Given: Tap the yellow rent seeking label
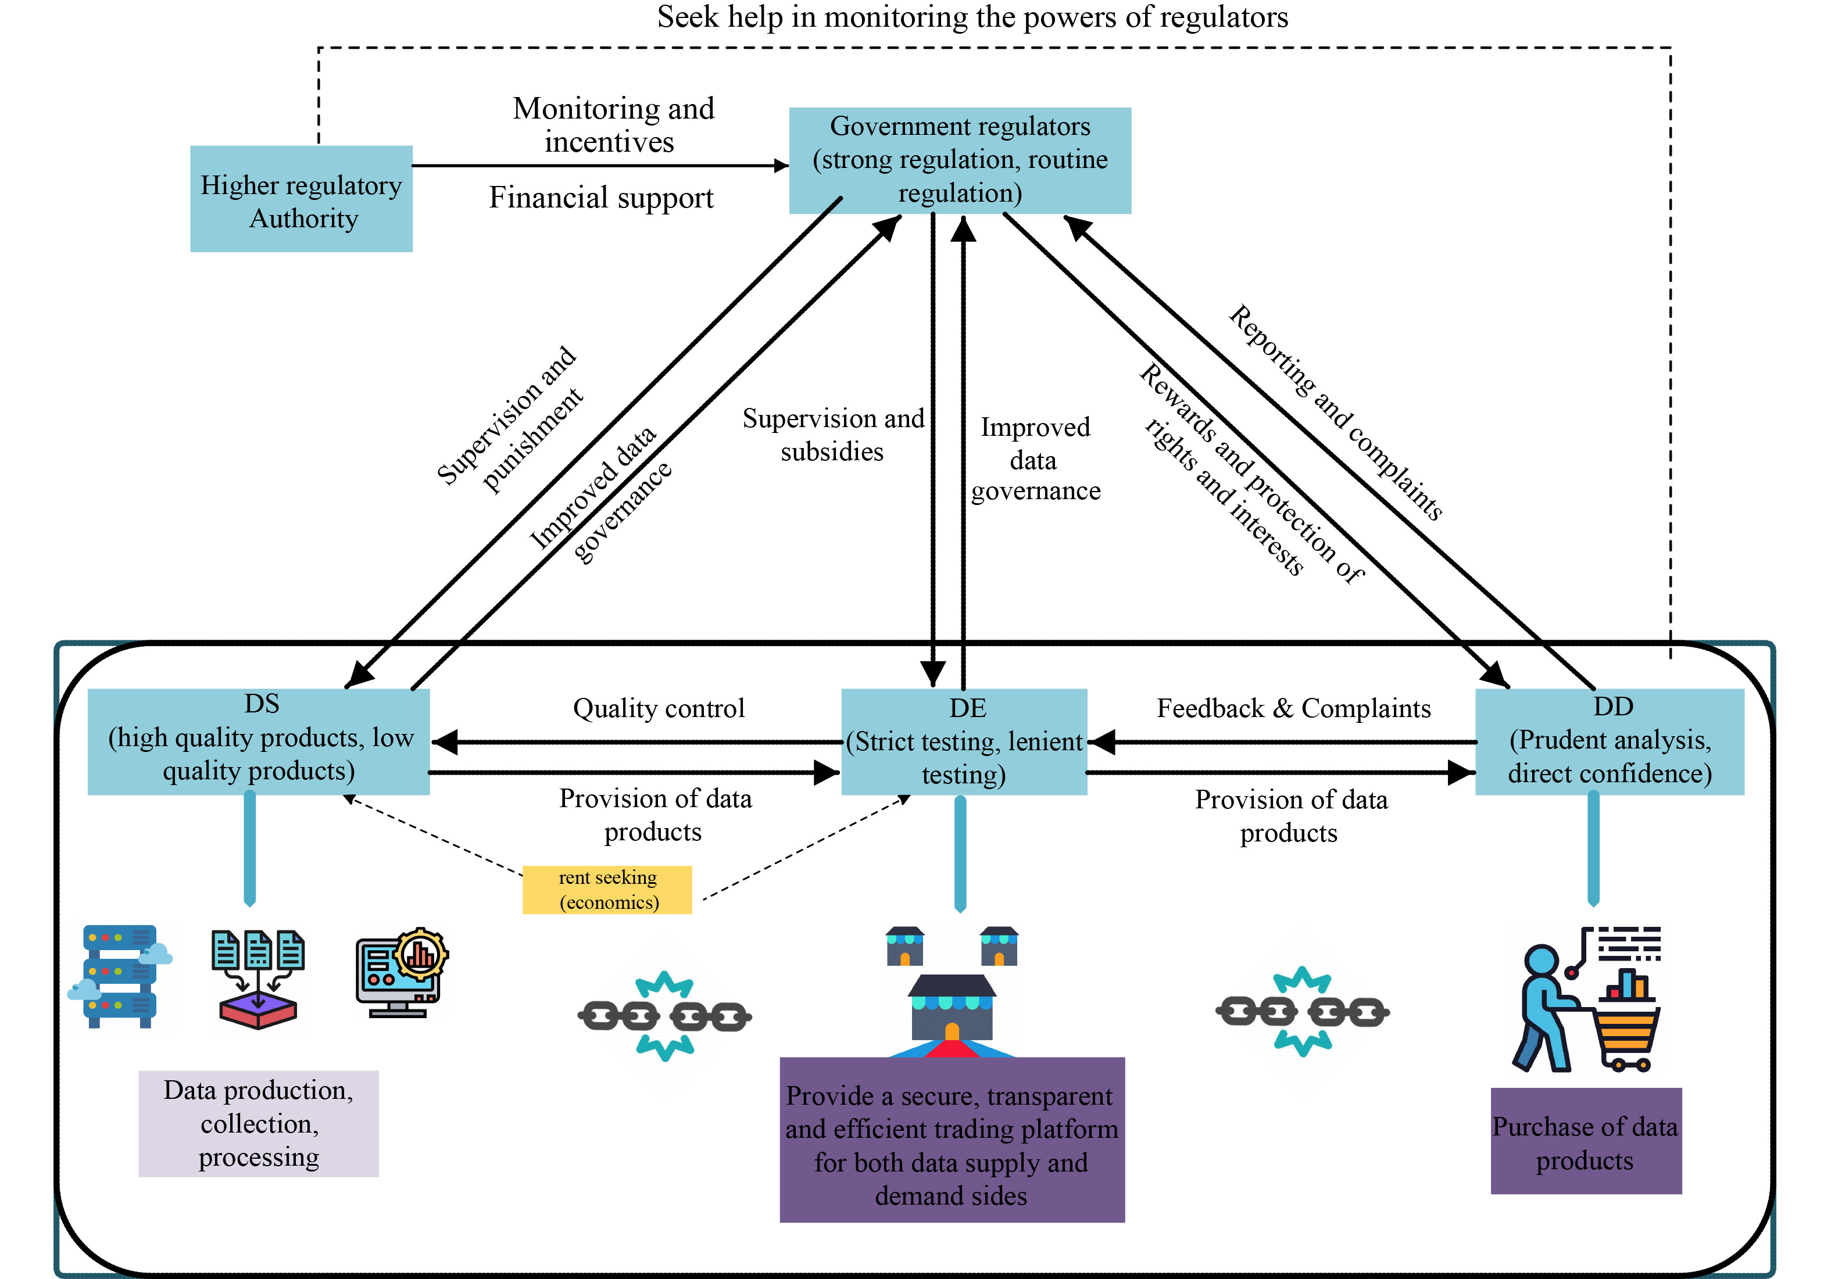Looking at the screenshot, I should point(607,889).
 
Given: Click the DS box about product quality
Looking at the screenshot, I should point(259,741).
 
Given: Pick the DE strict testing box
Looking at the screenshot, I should point(964,741).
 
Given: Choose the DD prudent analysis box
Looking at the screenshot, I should point(1610,741).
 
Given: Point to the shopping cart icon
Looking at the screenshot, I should point(1627,1029).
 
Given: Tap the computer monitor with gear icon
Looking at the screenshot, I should point(401,972).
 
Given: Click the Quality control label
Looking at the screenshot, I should point(659,708).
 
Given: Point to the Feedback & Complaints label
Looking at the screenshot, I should point(1293,708).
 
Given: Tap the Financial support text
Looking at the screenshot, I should point(601,198).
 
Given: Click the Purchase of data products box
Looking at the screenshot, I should point(1585,1141).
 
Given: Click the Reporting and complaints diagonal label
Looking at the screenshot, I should point(1336,412).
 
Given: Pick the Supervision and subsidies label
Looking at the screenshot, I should point(832,435).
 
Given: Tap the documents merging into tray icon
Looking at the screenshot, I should point(258,979).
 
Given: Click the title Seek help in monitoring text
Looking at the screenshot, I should point(972,17).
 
